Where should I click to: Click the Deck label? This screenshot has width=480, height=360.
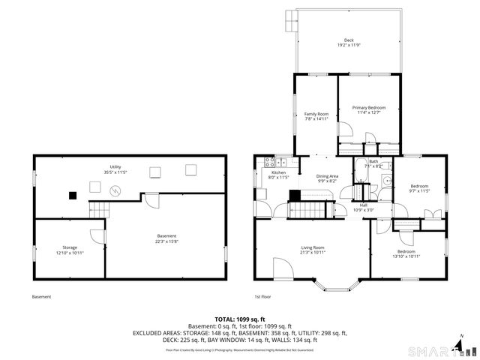349,40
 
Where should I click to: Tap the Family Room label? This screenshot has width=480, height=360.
316,114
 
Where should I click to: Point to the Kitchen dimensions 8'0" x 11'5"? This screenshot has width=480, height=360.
279,178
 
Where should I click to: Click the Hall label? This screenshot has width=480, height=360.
363,205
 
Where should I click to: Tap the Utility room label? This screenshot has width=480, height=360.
115,167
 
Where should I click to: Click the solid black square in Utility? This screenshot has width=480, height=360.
73,195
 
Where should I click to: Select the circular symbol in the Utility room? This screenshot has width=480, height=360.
115,192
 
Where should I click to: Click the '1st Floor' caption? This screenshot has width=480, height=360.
262,297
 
